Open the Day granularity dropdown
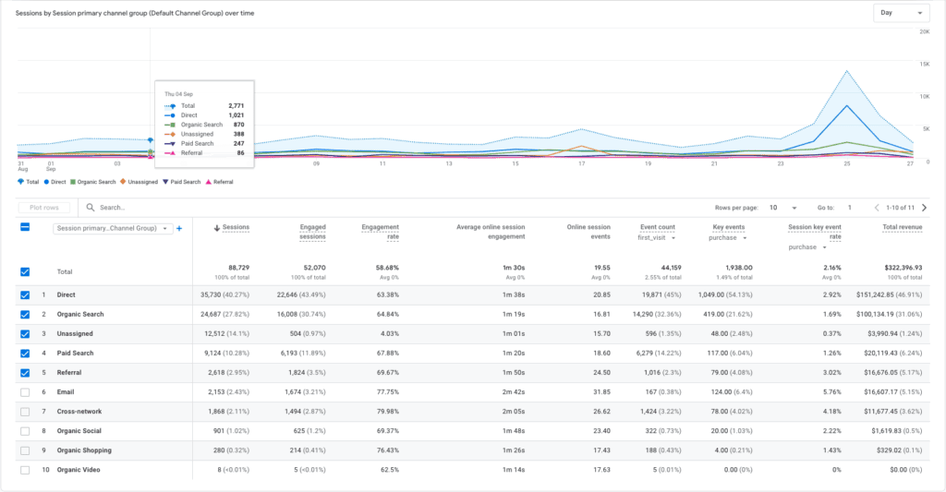(901, 13)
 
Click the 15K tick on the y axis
(923, 64)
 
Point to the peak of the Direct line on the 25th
(846, 105)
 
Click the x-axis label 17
(581, 163)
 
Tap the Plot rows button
(43, 208)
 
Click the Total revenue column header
(903, 227)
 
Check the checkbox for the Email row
(25, 392)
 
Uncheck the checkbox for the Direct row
(25, 294)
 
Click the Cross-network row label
(80, 412)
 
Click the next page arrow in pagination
(924, 208)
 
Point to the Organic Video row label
(79, 470)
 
